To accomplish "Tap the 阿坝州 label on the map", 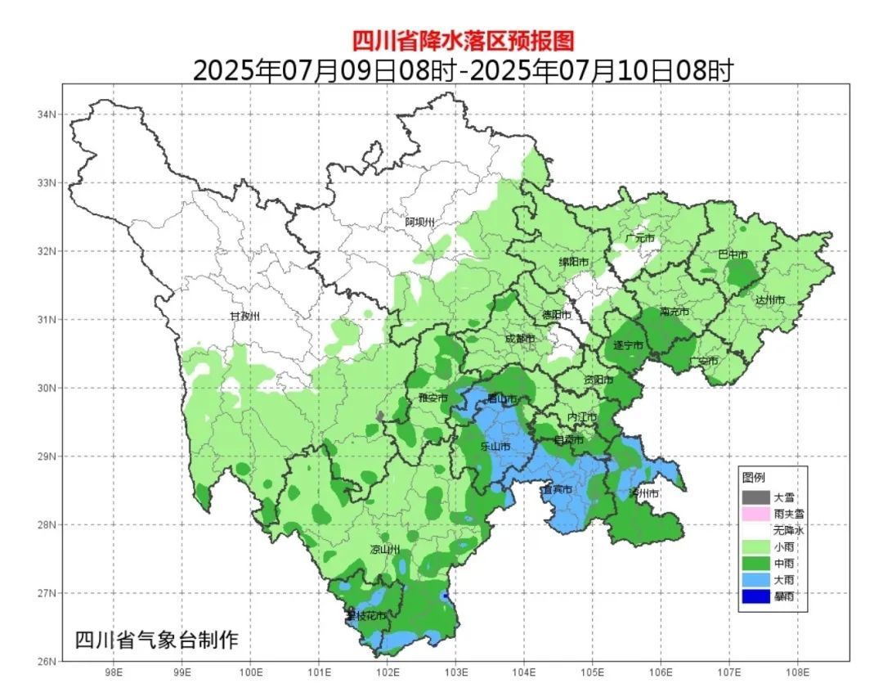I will (421, 222).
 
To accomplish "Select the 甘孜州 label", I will (244, 316).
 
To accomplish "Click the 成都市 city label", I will (519, 338).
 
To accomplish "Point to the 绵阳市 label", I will (574, 262).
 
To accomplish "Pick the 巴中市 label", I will (733, 254).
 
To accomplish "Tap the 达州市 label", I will (769, 300).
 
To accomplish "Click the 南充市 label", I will (675, 312).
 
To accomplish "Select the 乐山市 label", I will (495, 447).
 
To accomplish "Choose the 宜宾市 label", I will (557, 489).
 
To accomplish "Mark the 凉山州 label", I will (386, 549).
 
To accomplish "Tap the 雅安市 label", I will (433, 398).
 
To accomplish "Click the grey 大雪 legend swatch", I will (756, 497).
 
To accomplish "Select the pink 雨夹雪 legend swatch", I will (756, 513).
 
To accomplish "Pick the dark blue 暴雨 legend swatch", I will (756, 596).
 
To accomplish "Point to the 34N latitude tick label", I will (47, 115).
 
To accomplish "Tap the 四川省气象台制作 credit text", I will (157, 640).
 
